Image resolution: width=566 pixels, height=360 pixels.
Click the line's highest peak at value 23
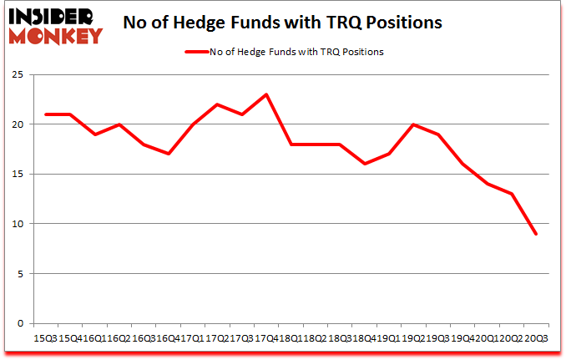[x=266, y=94]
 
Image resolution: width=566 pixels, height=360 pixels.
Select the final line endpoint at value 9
[x=535, y=234]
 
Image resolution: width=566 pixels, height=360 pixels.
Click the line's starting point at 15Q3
[x=46, y=114]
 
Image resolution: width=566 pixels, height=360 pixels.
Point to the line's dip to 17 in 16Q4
[x=169, y=154]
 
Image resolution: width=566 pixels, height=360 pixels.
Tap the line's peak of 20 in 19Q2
[x=413, y=124]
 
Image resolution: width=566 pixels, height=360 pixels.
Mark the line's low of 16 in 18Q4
[x=364, y=164]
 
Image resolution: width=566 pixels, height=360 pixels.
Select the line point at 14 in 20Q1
[x=487, y=184]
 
